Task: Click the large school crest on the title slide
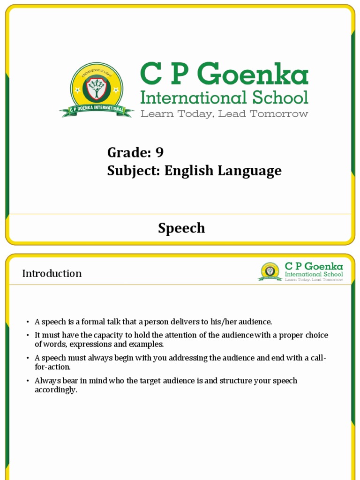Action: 97,89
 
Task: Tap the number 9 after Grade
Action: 159,152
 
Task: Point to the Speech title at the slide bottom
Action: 181,228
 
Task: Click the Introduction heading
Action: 52,273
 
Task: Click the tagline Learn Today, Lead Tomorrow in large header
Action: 225,114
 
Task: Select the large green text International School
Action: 225,97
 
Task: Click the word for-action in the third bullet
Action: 52,367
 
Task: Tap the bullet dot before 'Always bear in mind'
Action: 28,381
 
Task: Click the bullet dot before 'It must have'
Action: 28,336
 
